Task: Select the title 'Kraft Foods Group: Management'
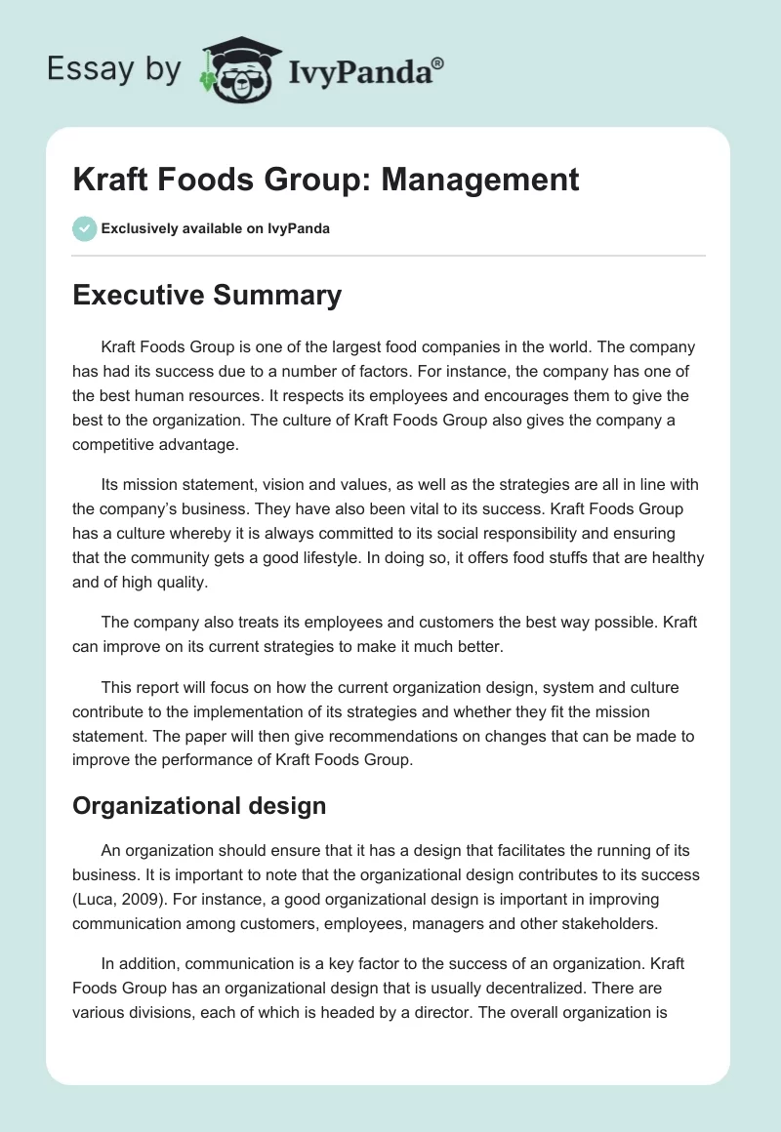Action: [x=326, y=180]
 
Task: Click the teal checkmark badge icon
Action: [x=84, y=228]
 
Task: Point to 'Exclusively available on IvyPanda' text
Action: [x=215, y=229]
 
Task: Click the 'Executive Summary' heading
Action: [x=207, y=295]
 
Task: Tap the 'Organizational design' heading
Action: [x=200, y=806]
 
